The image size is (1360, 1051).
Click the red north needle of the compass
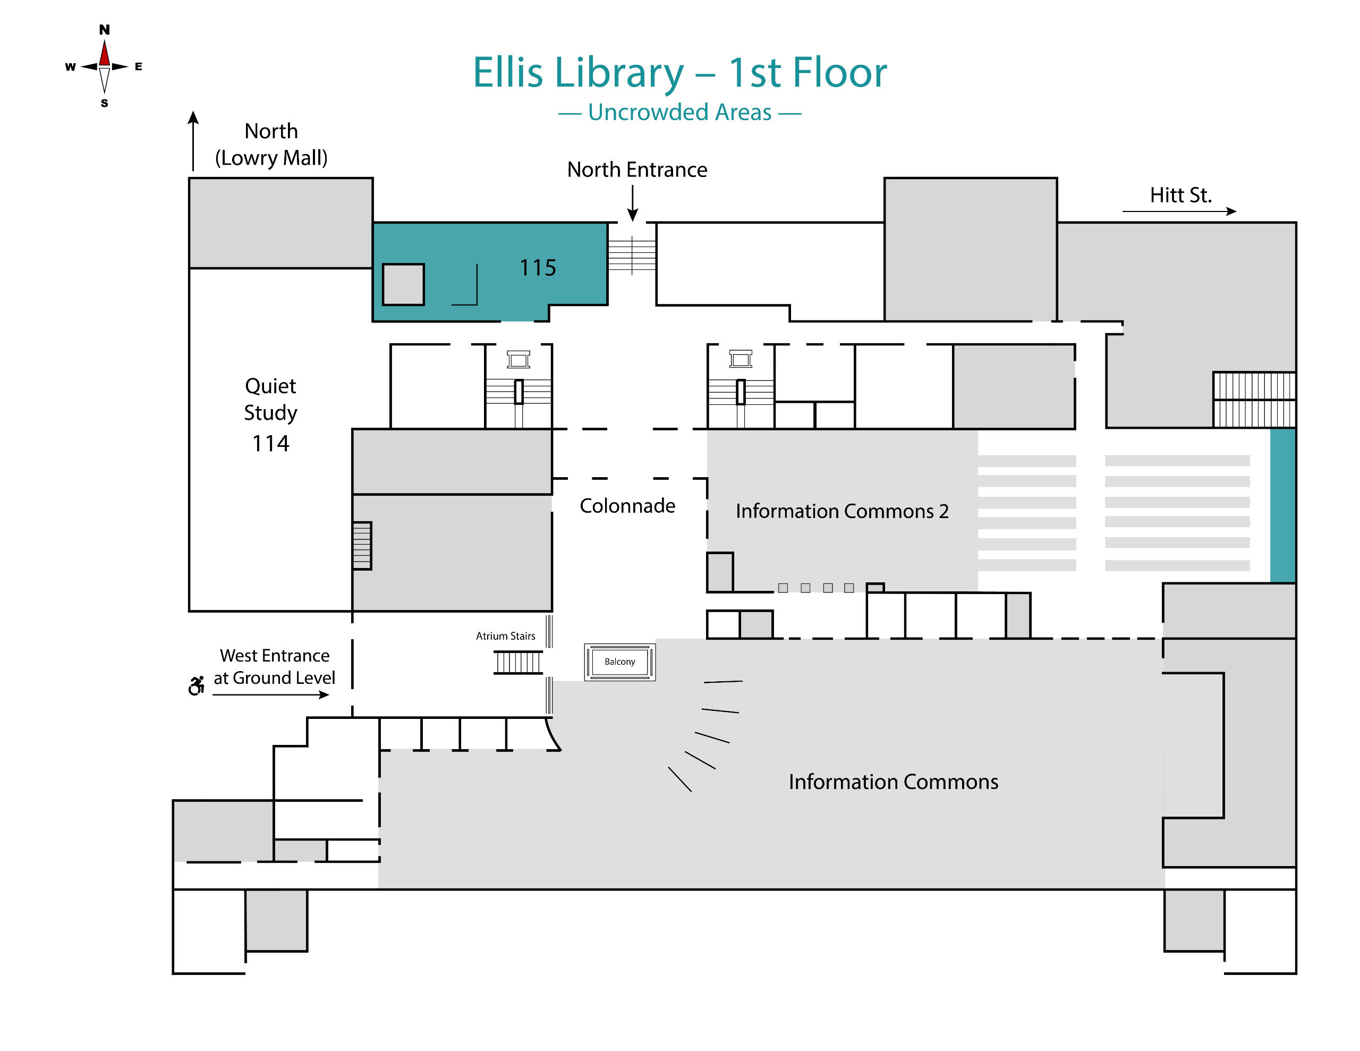point(105,54)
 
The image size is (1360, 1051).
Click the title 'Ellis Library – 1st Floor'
point(679,73)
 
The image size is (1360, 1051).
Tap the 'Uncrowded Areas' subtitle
point(679,112)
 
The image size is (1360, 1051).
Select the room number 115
point(538,268)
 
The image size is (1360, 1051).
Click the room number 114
point(270,444)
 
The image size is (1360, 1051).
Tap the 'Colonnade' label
point(627,505)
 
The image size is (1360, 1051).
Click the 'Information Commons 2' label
point(842,511)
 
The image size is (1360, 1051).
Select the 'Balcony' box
point(619,662)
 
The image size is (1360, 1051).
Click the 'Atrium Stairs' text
point(505,635)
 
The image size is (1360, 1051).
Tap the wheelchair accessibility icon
point(197,685)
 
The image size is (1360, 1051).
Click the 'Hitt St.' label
point(1180,195)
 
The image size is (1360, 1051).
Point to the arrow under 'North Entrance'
point(632,203)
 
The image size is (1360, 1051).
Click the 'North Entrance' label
point(636,169)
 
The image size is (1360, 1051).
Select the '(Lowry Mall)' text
point(271,158)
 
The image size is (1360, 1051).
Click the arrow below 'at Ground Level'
point(270,694)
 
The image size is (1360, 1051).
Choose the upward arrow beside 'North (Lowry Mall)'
point(193,140)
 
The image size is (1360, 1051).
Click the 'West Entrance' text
point(274,655)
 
